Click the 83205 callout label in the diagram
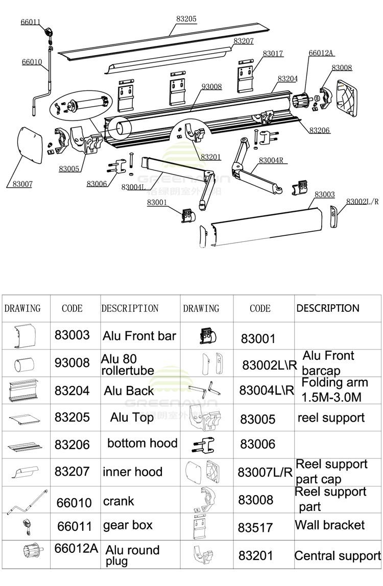point(186,19)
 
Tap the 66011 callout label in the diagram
point(30,22)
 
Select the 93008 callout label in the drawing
point(211,87)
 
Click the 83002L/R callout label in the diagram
point(362,202)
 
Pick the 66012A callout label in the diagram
point(321,53)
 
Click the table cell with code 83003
point(72,335)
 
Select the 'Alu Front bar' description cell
point(139,336)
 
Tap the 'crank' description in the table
point(118,501)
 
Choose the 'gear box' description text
point(128,525)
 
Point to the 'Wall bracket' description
point(329,525)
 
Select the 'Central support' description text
point(338,556)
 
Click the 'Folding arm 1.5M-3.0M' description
point(334,390)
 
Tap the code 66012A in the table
point(76,548)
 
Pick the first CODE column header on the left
point(72,308)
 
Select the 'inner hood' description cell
point(132,472)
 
